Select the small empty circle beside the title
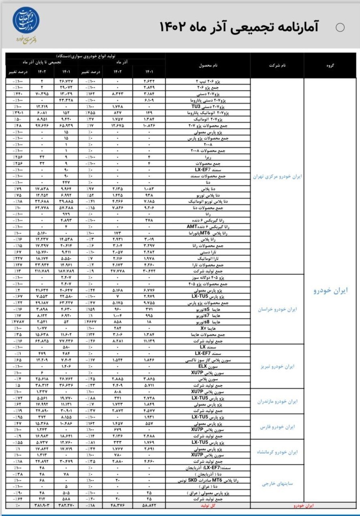pyautogui.click(x=341, y=28)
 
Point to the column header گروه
pyautogui.click(x=330, y=65)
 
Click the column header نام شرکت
pyautogui.click(x=277, y=65)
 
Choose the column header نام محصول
pyautogui.click(x=208, y=65)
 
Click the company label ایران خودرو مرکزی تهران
pyautogui.click(x=278, y=177)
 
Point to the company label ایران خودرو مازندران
pyautogui.click(x=278, y=401)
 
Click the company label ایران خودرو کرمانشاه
pyautogui.click(x=278, y=452)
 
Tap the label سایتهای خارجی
pyautogui.click(x=278, y=484)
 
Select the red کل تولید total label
pyautogui.click(x=208, y=505)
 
